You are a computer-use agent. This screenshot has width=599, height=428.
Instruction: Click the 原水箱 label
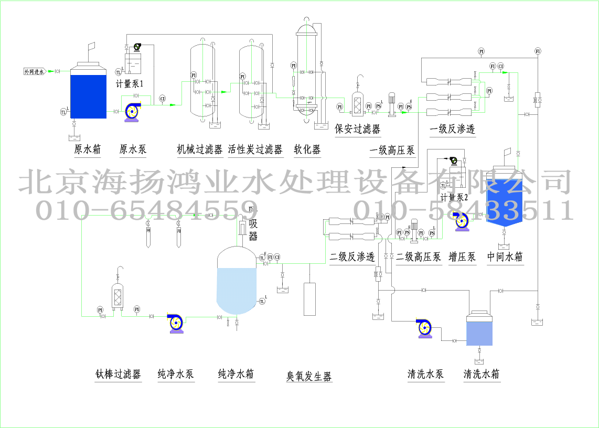[87, 149]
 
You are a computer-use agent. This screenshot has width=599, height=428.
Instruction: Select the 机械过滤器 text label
[200, 149]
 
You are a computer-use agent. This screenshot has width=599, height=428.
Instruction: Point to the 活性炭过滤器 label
[255, 149]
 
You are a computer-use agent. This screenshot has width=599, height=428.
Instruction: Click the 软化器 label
[307, 149]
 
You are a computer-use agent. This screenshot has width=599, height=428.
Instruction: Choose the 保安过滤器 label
[357, 129]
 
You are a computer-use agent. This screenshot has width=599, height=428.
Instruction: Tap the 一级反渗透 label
[452, 129]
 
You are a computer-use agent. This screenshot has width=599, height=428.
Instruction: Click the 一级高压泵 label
[392, 151]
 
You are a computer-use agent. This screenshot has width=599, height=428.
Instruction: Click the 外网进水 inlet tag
[35, 71]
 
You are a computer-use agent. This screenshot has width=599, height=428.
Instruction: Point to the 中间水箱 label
[505, 256]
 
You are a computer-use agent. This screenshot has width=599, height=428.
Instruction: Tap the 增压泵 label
[462, 256]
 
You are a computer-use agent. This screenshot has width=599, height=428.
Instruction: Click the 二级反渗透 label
[352, 256]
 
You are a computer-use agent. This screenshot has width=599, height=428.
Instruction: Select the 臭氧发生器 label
[309, 376]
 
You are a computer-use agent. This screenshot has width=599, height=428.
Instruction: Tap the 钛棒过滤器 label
[118, 374]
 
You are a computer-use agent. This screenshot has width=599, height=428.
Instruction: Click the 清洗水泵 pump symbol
[424, 328]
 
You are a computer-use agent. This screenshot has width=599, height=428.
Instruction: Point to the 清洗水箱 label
[481, 374]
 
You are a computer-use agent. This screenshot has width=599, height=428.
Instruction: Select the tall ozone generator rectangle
[310, 299]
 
